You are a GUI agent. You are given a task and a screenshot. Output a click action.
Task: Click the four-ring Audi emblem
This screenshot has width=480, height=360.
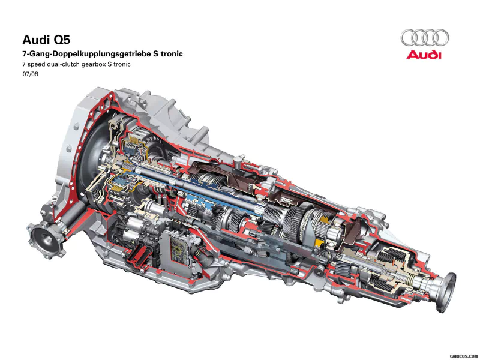(424, 37)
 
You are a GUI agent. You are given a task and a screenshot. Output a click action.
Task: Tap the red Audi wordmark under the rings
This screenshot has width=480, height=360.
(424, 55)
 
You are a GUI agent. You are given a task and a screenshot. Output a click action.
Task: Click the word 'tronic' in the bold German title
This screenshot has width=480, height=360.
(169, 53)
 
